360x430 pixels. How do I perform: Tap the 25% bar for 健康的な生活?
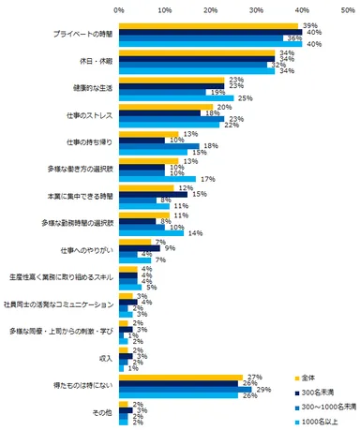click(x=175, y=96)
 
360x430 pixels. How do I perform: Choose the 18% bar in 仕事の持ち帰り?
click(x=159, y=144)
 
